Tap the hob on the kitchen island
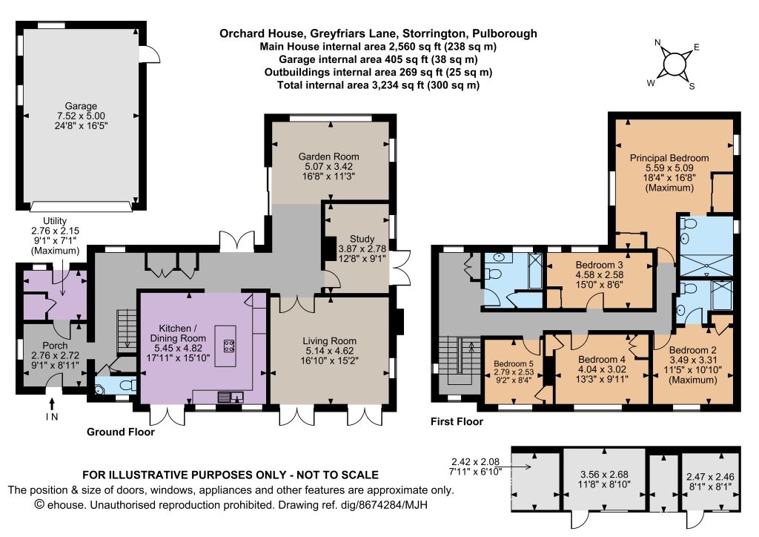point(229,346)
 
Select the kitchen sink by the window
point(231,397)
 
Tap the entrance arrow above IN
point(52,403)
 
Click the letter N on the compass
point(657,42)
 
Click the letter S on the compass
point(692,87)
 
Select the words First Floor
point(457,422)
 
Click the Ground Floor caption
point(121,432)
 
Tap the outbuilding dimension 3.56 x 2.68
point(604,475)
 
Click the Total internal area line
point(378,85)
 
